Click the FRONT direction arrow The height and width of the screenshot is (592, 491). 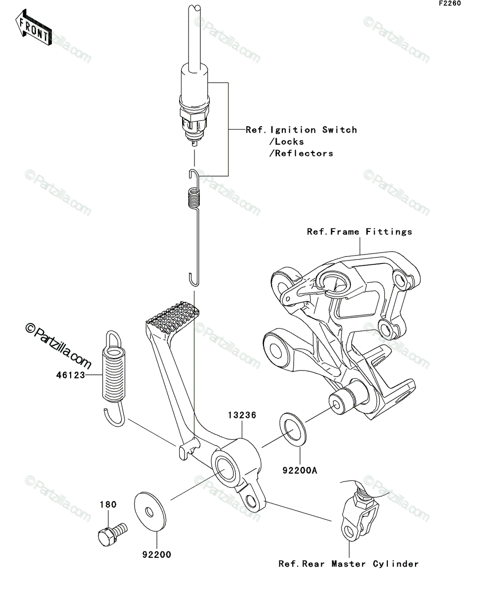(33, 27)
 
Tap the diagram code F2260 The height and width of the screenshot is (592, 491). (451, 3)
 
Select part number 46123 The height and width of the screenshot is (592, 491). (71, 375)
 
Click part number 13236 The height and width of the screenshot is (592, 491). (242, 415)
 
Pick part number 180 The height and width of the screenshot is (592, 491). (108, 504)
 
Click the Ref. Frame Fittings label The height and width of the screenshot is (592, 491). (359, 232)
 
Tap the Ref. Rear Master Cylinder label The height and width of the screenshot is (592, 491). (348, 564)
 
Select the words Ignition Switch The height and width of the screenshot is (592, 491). (313, 130)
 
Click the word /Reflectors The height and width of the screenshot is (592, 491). (301, 153)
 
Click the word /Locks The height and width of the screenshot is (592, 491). (287, 142)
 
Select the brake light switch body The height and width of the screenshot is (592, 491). (194, 107)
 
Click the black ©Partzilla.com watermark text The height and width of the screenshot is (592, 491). (58, 346)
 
